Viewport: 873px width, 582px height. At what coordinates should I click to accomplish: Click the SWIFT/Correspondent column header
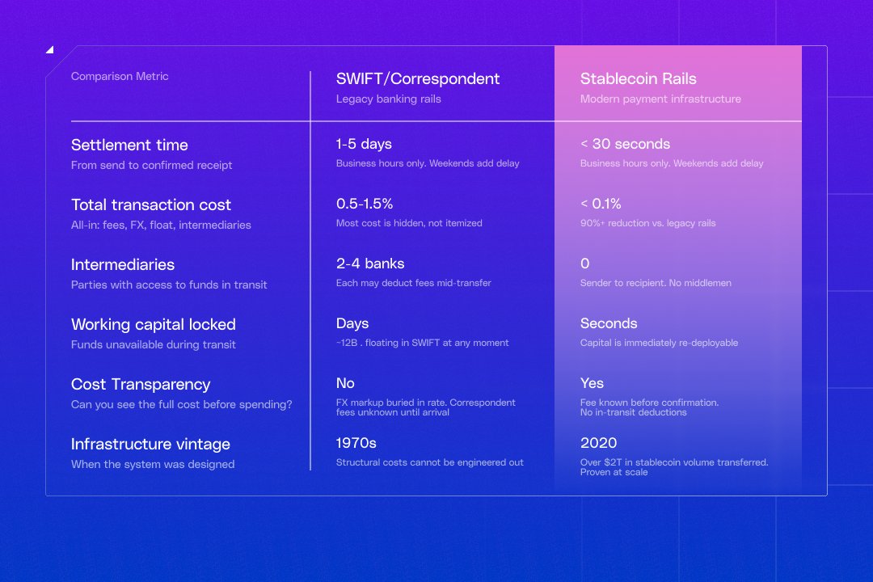[418, 78]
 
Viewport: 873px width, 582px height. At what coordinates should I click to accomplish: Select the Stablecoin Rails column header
[638, 78]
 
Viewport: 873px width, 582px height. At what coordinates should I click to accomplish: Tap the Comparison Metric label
[120, 76]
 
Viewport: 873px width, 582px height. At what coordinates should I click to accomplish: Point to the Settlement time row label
[129, 145]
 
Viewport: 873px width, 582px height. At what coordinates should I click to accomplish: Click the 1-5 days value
[364, 144]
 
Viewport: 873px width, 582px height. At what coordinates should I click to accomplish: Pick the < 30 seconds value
[625, 144]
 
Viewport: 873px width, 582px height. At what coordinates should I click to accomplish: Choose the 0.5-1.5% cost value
[365, 204]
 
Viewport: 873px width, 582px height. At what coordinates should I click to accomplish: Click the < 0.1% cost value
[601, 204]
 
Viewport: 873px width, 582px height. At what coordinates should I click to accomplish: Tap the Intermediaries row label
[123, 264]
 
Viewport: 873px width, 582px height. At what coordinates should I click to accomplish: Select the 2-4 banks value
[370, 264]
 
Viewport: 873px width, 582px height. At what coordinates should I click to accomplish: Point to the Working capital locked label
[154, 324]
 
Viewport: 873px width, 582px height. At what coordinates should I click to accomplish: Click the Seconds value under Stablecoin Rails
[609, 323]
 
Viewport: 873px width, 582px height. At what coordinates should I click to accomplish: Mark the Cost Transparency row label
[141, 384]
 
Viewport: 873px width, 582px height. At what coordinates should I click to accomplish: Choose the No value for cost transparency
[345, 383]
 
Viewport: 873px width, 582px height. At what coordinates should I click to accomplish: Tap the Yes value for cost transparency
[592, 383]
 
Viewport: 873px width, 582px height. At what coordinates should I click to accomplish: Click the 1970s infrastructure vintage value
[356, 443]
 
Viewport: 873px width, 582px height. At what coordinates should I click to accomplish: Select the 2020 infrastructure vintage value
[598, 443]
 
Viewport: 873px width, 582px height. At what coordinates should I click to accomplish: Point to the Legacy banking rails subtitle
[388, 99]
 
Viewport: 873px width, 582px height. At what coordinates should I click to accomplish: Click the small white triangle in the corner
[49, 50]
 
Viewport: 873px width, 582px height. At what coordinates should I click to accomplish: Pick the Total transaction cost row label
[151, 205]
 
